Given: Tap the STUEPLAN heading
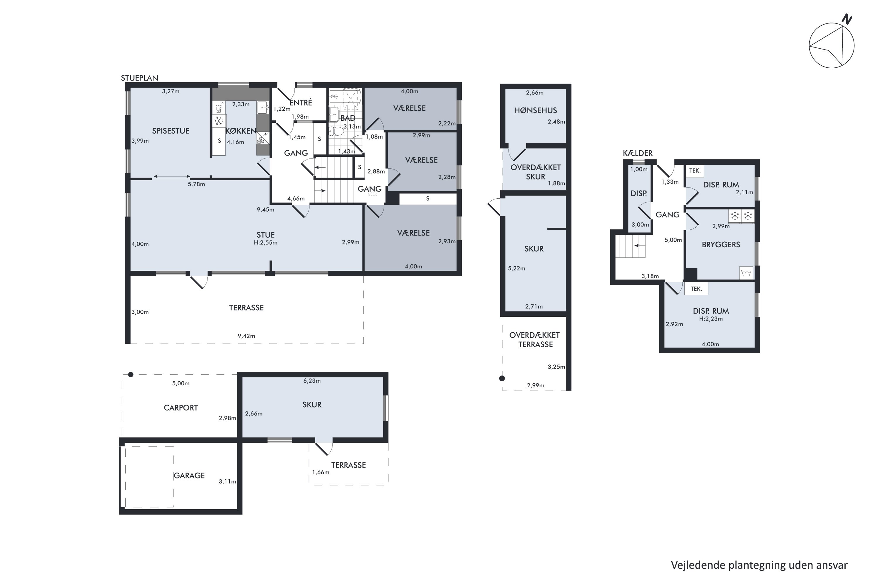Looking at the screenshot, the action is click(139, 78).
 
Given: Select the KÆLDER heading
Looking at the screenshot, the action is click(638, 153).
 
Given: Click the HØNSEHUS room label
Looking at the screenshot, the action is click(535, 110).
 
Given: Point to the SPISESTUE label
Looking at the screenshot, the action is click(171, 131).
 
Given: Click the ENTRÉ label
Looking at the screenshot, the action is click(301, 102).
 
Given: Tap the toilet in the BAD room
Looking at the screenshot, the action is click(336, 131).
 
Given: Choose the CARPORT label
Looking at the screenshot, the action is click(180, 408).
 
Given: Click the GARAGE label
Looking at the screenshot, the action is click(189, 475).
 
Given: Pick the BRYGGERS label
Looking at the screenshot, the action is click(720, 244).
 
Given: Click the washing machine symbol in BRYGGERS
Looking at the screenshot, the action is click(746, 272).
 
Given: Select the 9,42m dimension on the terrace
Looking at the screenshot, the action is click(246, 336).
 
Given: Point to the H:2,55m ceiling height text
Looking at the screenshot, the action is click(265, 243).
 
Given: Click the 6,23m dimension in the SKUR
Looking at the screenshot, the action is click(312, 381).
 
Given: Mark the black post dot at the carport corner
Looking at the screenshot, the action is click(130, 374).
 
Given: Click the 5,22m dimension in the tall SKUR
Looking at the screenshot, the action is click(517, 268).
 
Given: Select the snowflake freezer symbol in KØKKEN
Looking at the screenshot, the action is click(219, 121).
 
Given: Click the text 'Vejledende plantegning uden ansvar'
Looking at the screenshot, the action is click(759, 565).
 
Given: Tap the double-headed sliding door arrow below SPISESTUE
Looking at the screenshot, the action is click(171, 176).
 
